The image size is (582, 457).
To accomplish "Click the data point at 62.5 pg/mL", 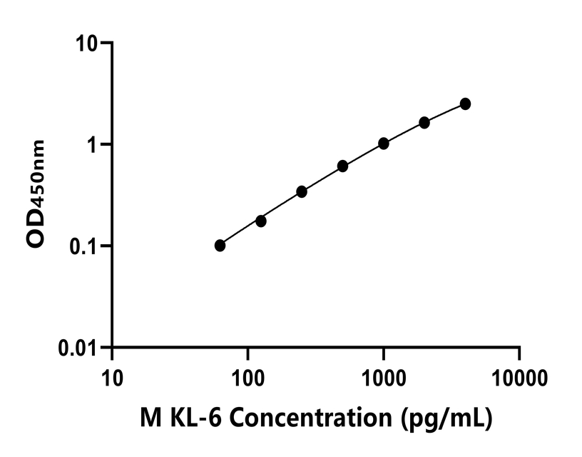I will point(220,246).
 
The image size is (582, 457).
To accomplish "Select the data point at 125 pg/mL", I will point(261,221).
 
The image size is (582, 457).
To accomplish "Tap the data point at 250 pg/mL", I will point(302,191).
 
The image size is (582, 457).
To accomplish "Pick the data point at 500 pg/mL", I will point(343,166).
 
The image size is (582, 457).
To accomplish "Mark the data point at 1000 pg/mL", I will point(384,144).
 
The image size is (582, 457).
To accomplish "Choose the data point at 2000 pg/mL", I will point(424,123).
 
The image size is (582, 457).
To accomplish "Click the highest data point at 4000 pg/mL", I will point(465,104).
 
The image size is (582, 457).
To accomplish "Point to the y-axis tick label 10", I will point(88,44).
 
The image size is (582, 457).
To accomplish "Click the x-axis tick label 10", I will point(112,376).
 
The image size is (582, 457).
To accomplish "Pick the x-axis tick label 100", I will point(247,376).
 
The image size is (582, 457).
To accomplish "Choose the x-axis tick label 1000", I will point(384,376).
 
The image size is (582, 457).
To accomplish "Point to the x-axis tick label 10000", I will point(519,376).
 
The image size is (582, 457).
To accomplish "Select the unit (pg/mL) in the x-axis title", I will point(446,418).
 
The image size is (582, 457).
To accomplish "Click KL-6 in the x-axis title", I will point(198,417).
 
